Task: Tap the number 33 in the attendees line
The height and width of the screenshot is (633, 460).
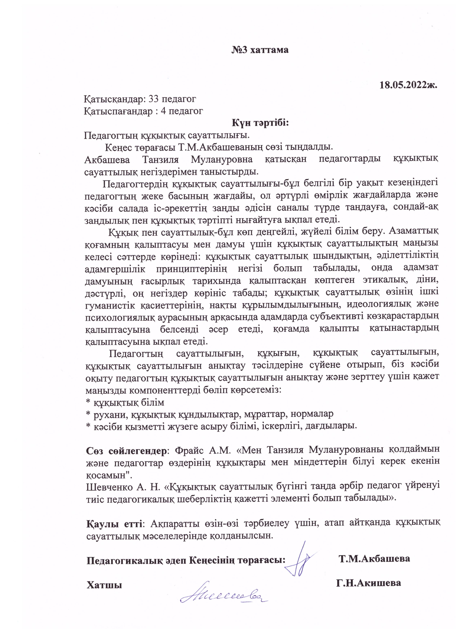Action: click(x=154, y=99)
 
